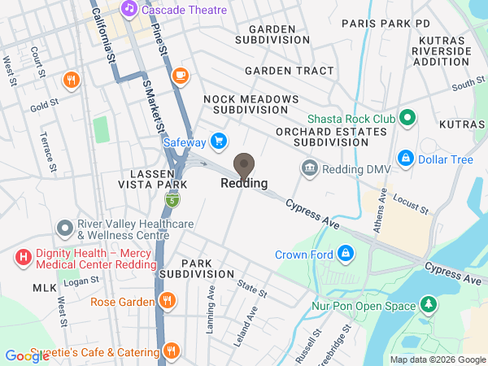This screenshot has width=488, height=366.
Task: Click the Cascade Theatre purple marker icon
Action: coord(129,9)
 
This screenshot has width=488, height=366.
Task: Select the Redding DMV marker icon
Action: coord(310,169)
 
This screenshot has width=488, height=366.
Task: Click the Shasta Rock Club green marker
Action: coord(408,120)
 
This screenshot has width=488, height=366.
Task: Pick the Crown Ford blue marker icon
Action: coord(346,254)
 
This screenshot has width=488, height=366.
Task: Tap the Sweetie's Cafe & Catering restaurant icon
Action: coord(171,352)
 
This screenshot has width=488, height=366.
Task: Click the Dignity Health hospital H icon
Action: coord(24,259)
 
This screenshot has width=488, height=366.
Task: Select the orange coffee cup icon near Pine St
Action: coord(180,76)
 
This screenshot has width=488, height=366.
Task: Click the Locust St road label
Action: coord(410,204)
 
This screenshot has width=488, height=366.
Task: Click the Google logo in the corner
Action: coord(27,355)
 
